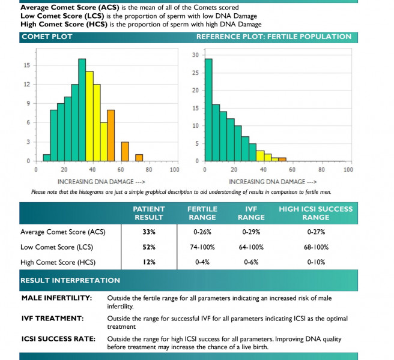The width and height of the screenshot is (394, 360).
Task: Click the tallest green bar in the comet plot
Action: pyautogui.click(x=82, y=110)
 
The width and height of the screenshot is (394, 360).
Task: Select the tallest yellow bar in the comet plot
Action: pyautogui.click(x=89, y=116)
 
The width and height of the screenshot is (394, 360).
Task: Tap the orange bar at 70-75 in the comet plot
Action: pyautogui.click(x=139, y=158)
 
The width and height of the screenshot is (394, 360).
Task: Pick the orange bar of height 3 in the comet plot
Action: pyautogui.click(x=125, y=151)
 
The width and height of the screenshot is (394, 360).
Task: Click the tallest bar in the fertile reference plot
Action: pyautogui.click(x=208, y=110)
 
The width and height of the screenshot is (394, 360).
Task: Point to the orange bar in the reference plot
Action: pyautogui.click(x=282, y=160)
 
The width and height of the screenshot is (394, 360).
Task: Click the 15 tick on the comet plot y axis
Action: pyautogui.click(x=26, y=65)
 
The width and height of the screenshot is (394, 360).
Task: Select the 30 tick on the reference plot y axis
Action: pyautogui.click(x=195, y=55)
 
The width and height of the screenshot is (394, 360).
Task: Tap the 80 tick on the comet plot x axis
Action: pyautogui.click(x=149, y=170)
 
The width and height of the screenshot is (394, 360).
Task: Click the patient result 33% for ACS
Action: pyautogui.click(x=149, y=232)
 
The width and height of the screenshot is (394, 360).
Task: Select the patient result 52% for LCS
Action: pyautogui.click(x=149, y=247)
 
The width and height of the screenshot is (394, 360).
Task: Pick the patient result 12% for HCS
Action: pyautogui.click(x=149, y=262)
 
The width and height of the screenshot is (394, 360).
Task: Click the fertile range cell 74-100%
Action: pyautogui.click(x=202, y=247)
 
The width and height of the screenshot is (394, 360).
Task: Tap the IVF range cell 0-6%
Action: pyautogui.click(x=251, y=262)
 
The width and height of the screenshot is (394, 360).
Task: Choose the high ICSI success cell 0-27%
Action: pyautogui.click(x=316, y=232)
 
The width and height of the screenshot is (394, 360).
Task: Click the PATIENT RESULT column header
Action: pyautogui.click(x=149, y=213)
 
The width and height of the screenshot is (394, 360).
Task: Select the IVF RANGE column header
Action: pyautogui.click(x=251, y=213)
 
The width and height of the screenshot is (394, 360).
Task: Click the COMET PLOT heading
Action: pyautogui.click(x=47, y=37)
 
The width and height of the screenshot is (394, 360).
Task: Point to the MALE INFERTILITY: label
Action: pyautogui.click(x=57, y=298)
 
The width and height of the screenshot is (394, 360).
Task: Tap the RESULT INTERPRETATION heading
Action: pyautogui.click(x=70, y=280)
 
